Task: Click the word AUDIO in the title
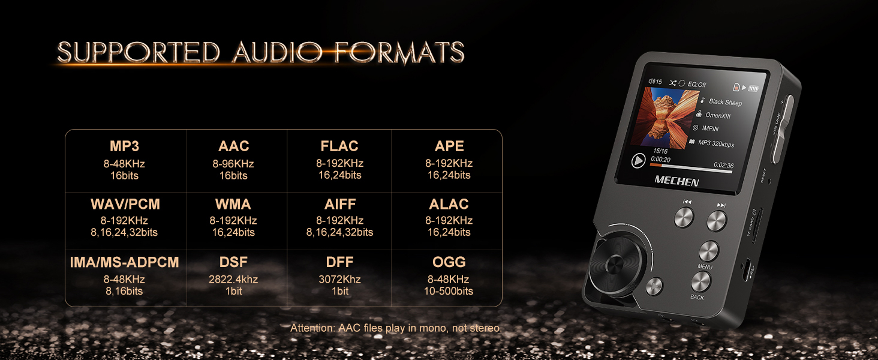click(x=277, y=52)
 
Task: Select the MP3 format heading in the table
click(x=124, y=146)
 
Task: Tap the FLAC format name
click(x=339, y=146)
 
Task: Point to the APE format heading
click(x=449, y=146)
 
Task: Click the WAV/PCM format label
click(x=125, y=204)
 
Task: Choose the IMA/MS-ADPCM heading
click(x=124, y=262)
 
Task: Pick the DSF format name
click(x=233, y=262)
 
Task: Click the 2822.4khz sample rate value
click(x=233, y=279)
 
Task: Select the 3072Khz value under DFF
click(x=339, y=279)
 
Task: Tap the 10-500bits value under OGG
click(x=449, y=291)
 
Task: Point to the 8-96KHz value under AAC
click(x=233, y=164)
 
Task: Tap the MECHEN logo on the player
click(x=676, y=181)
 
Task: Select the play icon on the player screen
click(x=638, y=160)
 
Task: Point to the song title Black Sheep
click(x=725, y=102)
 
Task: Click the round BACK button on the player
click(x=700, y=281)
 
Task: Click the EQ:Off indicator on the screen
click(x=697, y=85)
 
